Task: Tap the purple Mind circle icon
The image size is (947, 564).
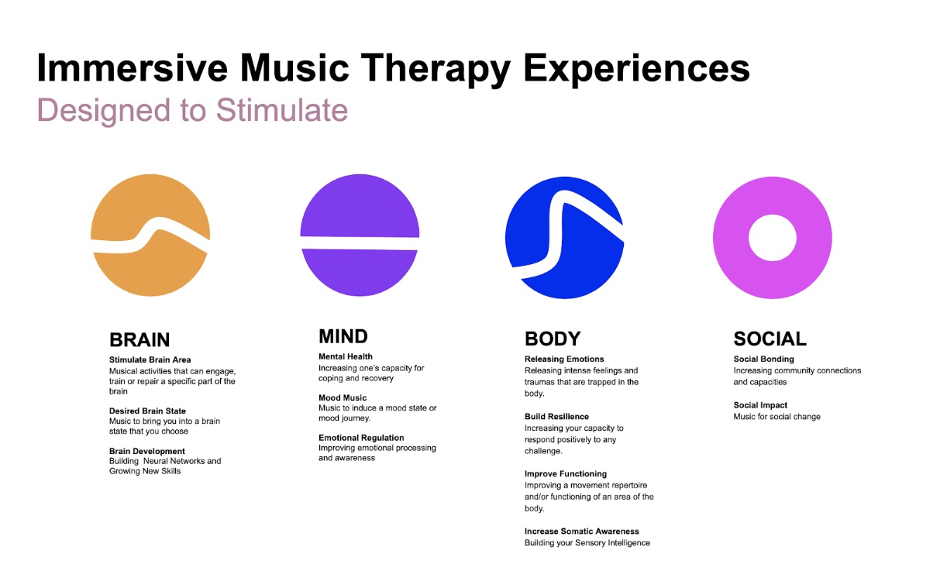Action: coord(360,207)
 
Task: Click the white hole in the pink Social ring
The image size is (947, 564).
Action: coord(773,238)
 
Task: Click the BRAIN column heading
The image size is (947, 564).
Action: coord(139,339)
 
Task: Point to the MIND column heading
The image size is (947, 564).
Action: coord(343,336)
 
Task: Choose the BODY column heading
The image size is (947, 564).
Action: coord(553,339)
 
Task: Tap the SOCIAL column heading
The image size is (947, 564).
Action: coord(770,339)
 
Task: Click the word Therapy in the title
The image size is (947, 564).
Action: coord(436,68)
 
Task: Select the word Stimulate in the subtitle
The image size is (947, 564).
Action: coord(282,110)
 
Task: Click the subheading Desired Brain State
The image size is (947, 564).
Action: coord(147,411)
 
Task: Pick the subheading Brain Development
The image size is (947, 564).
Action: coord(147,451)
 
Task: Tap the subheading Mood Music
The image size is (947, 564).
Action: coord(343,398)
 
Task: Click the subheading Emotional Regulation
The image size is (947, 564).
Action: coord(361,438)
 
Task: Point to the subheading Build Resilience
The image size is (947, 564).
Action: coord(556,417)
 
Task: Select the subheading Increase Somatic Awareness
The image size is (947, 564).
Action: coord(582,531)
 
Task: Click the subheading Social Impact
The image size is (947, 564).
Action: coord(760,405)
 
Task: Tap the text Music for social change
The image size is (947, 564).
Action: coord(777,417)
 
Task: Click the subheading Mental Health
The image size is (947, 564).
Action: coord(346,356)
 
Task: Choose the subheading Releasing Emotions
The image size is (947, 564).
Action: coord(564,359)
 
